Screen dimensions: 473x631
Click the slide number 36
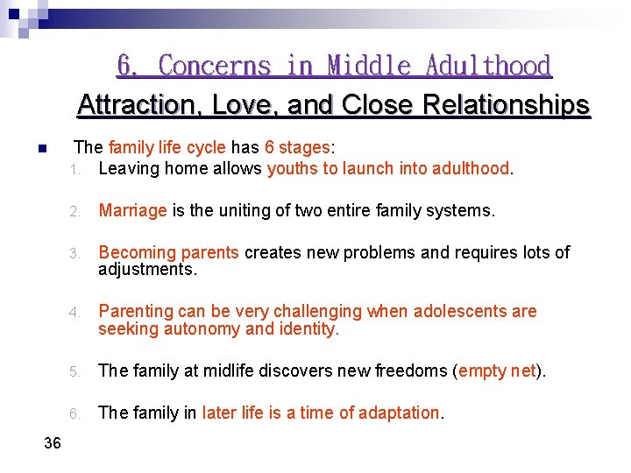[53, 443]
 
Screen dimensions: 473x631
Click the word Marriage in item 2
[132, 210]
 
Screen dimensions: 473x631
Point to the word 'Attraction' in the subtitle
[125, 105]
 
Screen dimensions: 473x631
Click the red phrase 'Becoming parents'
[168, 253]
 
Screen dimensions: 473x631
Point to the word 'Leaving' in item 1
[127, 168]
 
